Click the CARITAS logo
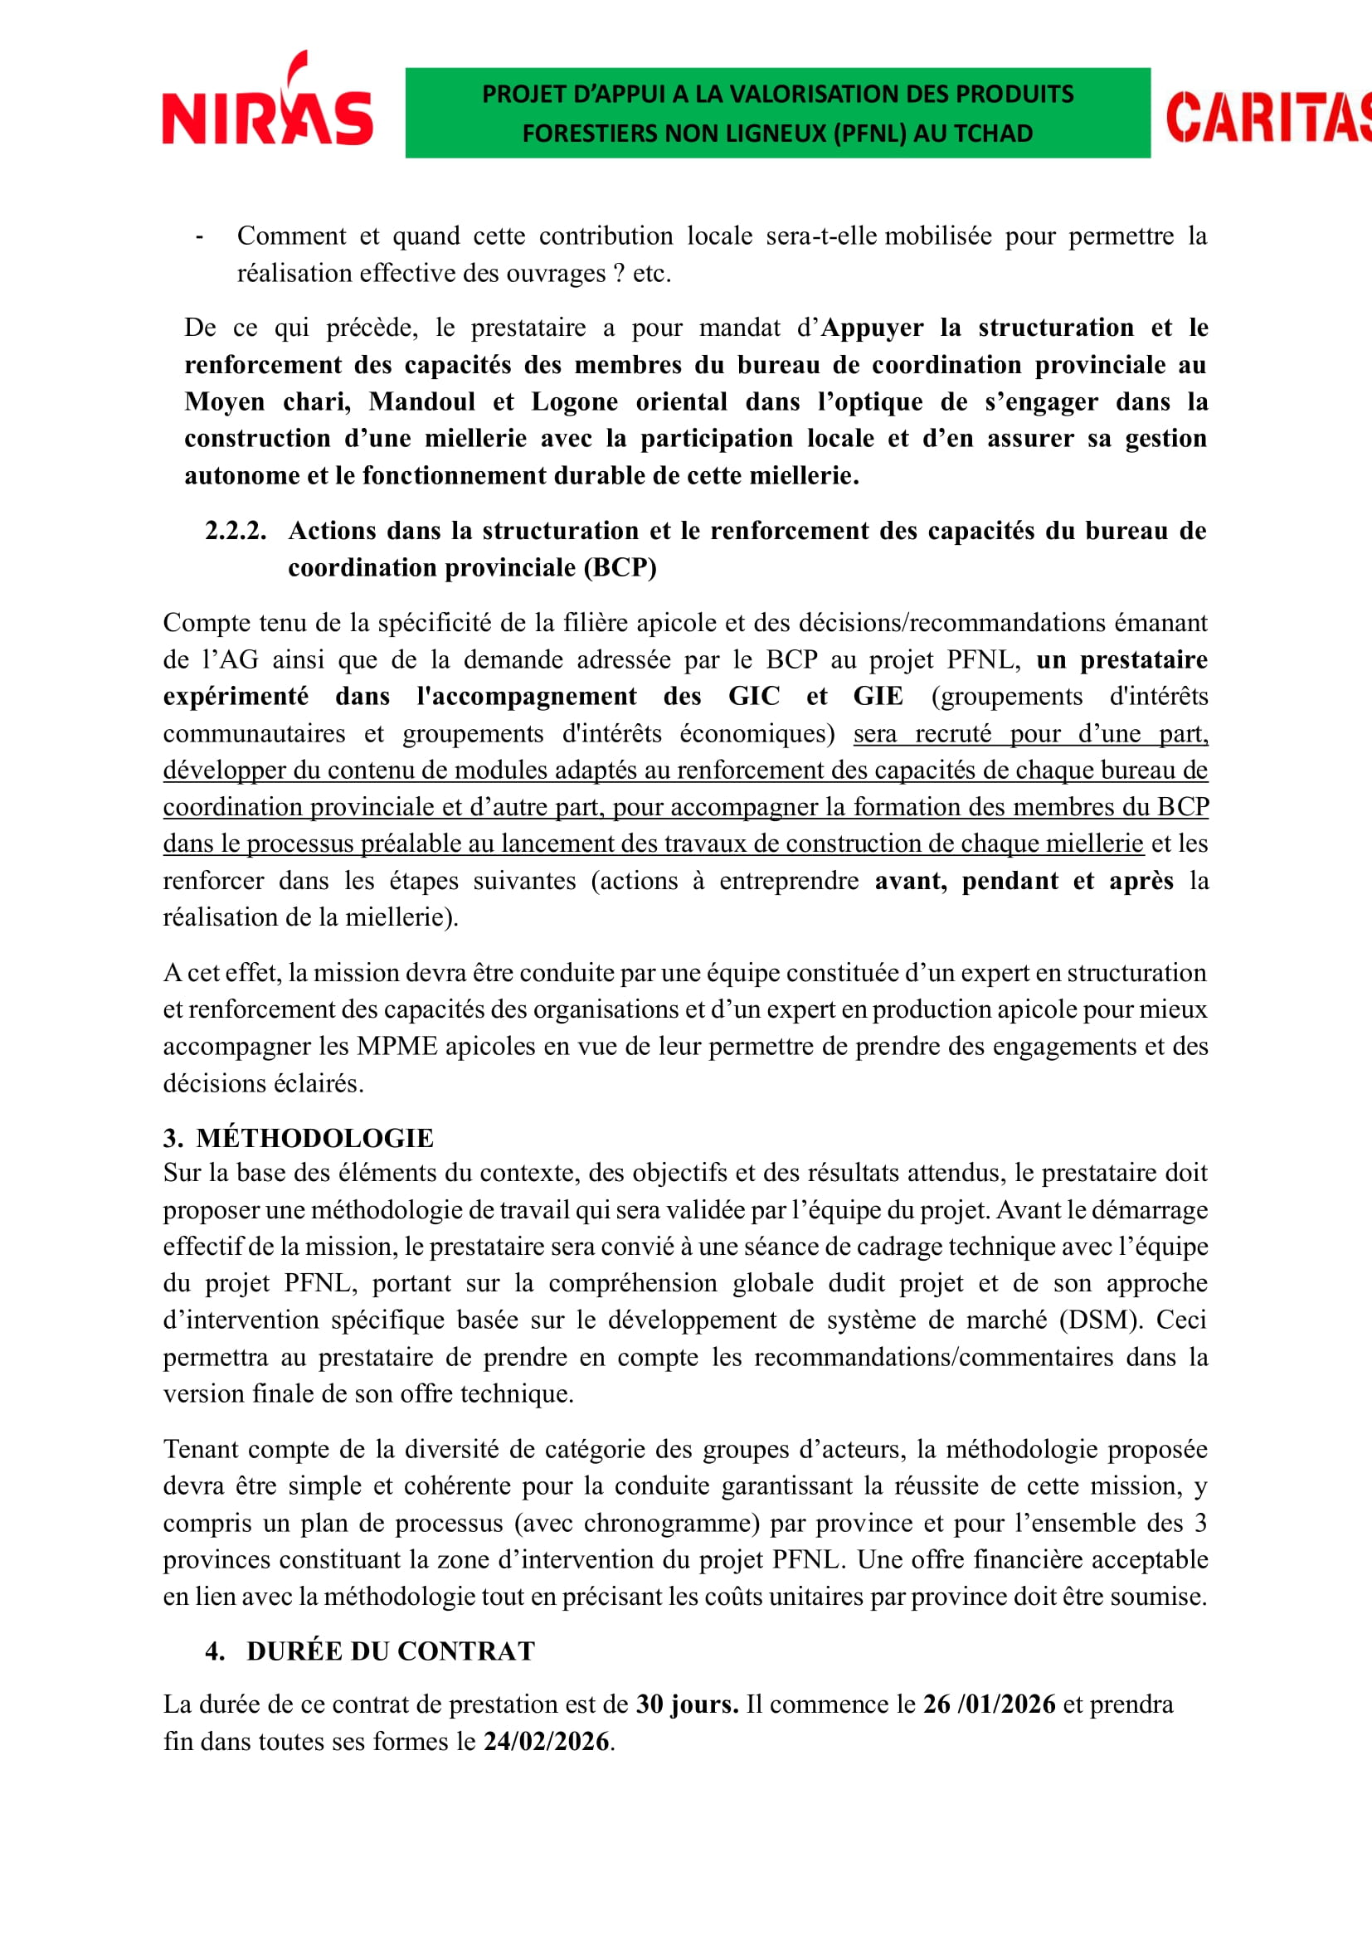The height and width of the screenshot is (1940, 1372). tap(1267, 118)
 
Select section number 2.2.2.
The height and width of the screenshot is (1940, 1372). tap(235, 531)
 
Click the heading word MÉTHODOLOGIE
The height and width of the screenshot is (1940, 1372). tap(315, 1138)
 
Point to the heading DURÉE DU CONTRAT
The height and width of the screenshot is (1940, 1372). tap(392, 1651)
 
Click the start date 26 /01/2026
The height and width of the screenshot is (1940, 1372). tap(990, 1704)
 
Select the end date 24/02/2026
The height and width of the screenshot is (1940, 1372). tap(546, 1742)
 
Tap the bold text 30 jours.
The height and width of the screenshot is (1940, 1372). tap(687, 1704)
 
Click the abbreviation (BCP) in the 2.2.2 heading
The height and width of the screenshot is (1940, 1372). tap(620, 567)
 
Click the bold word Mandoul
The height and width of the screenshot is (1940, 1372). tap(421, 401)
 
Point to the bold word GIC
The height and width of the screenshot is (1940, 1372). tap(753, 696)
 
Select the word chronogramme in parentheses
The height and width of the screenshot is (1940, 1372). tap(673, 1523)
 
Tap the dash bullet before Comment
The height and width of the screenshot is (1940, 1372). tap(199, 236)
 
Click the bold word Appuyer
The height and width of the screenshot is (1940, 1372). tap(872, 328)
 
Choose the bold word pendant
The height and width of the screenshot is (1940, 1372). tap(1010, 881)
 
